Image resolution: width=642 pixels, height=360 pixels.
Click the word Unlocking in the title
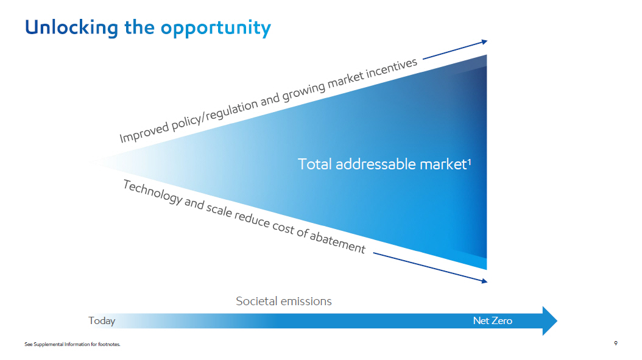72,28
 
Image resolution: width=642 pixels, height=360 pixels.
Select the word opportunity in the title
216,29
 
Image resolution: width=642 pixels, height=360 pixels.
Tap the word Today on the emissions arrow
102,320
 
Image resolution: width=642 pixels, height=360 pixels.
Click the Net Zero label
493,320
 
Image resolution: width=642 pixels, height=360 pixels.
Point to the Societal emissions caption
284,302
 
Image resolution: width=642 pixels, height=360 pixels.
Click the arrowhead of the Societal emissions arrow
550,320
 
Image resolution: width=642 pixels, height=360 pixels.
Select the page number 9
616,343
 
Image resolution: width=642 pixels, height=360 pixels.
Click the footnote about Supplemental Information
72,344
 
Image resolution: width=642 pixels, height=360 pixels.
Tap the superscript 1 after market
469,161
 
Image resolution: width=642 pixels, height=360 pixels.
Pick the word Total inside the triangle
314,164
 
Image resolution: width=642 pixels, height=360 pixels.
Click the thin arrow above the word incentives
455,50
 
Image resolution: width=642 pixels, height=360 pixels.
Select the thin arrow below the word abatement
430,267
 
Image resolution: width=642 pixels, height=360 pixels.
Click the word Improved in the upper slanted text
143,132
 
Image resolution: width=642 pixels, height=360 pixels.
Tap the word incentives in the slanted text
391,68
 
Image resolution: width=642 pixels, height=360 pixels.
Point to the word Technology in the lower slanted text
153,192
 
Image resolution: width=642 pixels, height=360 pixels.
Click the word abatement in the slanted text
337,242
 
